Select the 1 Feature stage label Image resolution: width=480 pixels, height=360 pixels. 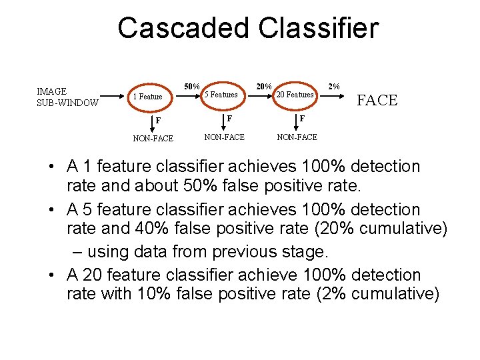pyautogui.click(x=147, y=97)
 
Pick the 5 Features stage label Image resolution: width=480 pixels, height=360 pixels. pyautogui.click(x=221, y=95)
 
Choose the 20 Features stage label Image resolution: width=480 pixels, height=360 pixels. pyautogui.click(x=295, y=95)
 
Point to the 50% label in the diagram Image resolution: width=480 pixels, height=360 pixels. pyautogui.click(x=192, y=86)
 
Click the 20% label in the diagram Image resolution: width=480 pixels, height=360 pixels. pyautogui.click(x=264, y=86)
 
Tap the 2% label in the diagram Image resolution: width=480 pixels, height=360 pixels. pyautogui.click(x=334, y=86)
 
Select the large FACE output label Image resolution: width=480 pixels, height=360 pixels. pyautogui.click(x=377, y=101)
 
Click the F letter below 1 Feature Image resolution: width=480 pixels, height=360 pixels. pyautogui.click(x=158, y=121)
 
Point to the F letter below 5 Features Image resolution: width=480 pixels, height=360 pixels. pyautogui.click(x=229, y=118)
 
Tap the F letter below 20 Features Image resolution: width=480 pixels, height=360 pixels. pyautogui.click(x=302, y=118)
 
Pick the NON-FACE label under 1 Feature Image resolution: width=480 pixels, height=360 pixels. pyautogui.click(x=153, y=139)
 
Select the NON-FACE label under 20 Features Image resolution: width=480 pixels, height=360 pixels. pyautogui.click(x=297, y=137)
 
